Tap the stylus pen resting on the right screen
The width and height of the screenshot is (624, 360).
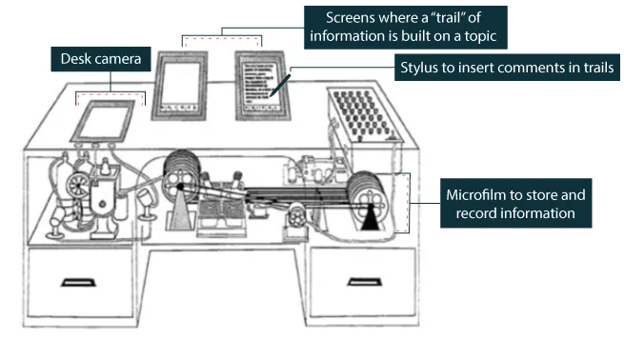277,87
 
